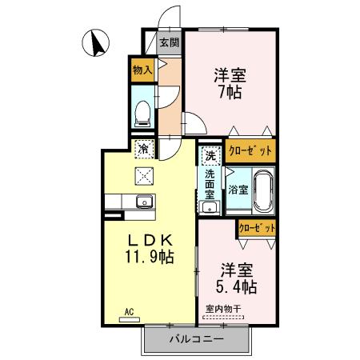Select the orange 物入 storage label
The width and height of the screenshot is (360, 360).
(142, 70)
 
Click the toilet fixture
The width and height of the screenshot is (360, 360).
(142, 113)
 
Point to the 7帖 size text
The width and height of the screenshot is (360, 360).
(229, 92)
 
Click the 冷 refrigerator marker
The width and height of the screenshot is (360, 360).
(143, 148)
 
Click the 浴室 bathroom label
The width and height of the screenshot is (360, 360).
(238, 190)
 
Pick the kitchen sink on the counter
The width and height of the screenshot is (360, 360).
(144, 200)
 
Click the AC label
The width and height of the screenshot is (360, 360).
(128, 311)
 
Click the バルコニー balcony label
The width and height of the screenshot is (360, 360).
(196, 338)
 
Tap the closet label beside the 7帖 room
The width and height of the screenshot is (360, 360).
(250, 150)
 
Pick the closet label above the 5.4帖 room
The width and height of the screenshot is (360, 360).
(257, 228)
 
